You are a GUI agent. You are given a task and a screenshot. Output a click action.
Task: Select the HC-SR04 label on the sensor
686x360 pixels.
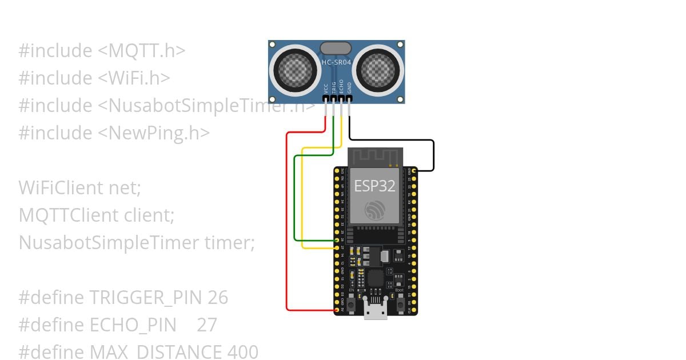click(337, 61)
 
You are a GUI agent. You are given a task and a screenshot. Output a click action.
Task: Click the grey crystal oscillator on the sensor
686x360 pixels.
click(336, 48)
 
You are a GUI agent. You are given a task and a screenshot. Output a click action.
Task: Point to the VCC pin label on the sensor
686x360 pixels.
click(326, 88)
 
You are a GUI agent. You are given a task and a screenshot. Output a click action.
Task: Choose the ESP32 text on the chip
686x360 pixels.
click(374, 186)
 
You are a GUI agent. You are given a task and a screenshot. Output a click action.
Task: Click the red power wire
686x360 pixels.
click(287, 229)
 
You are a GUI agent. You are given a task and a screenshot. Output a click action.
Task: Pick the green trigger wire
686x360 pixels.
click(294, 200)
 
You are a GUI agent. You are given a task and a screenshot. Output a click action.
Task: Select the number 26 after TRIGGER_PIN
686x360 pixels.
click(218, 298)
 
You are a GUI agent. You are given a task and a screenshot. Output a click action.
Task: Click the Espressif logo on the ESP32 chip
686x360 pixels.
click(375, 210)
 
